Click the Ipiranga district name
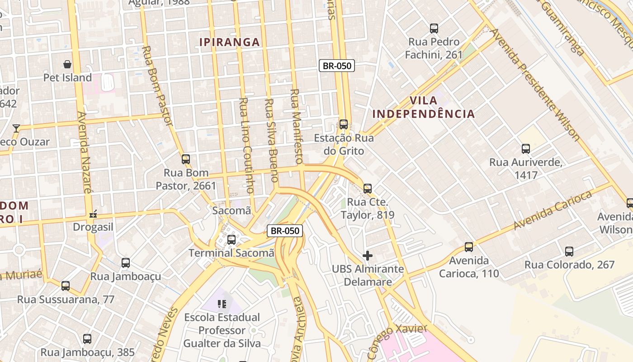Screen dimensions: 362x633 230,43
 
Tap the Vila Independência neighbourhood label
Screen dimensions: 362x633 424,107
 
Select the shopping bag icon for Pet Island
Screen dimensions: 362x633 67,64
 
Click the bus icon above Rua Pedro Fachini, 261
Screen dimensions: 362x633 434,29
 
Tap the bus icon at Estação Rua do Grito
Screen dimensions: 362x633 344,124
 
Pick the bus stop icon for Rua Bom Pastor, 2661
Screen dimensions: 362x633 186,159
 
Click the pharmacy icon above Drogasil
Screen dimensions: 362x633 94,214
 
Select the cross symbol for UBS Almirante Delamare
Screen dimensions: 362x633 368,256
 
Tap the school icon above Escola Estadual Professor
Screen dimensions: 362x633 222,304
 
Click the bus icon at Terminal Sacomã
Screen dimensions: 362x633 231,239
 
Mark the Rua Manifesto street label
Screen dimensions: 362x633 296,126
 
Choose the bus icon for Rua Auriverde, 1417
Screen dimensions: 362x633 526,149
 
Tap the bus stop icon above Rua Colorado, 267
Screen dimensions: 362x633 569,251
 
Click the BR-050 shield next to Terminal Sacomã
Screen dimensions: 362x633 284,231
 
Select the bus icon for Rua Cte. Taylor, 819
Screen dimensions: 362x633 368,189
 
